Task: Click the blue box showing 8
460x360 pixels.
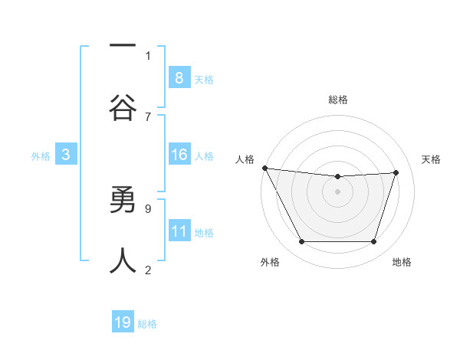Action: click(x=179, y=77)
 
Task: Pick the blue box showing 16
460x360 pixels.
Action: click(x=179, y=155)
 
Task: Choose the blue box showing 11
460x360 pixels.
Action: click(x=179, y=231)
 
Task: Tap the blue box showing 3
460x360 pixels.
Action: click(x=66, y=155)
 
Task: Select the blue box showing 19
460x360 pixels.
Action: click(x=123, y=322)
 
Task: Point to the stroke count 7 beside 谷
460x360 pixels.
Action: click(x=147, y=116)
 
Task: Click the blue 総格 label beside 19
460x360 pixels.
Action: click(x=147, y=323)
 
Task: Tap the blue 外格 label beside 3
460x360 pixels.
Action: click(x=41, y=155)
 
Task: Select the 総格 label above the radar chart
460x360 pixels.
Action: click(x=337, y=100)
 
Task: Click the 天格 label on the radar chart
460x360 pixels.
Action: click(x=431, y=159)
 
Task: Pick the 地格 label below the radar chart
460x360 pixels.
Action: click(x=402, y=262)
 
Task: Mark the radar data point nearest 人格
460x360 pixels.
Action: click(x=264, y=168)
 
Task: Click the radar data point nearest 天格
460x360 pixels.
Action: click(x=396, y=172)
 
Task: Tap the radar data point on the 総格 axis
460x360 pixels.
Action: click(x=337, y=177)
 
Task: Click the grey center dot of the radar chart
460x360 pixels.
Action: click(x=337, y=191)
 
